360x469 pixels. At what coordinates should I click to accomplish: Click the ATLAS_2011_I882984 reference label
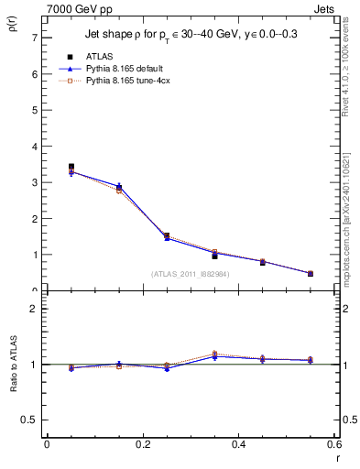191,274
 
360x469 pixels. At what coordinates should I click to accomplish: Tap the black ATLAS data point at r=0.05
71,167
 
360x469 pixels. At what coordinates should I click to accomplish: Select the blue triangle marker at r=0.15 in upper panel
119,186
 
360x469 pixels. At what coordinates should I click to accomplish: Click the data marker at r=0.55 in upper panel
311,274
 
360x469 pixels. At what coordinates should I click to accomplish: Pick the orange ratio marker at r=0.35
214,354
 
